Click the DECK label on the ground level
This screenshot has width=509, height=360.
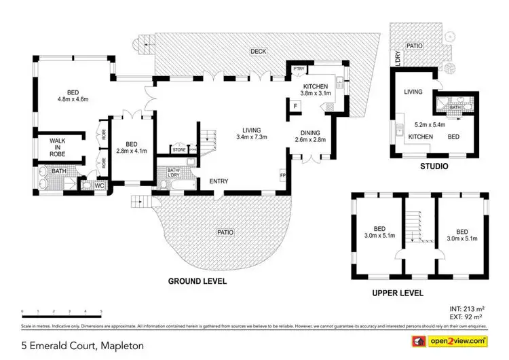pyautogui.click(x=257, y=51)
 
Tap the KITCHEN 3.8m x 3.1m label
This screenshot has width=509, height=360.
pyautogui.click(x=316, y=90)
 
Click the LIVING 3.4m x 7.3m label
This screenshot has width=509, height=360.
pyautogui.click(x=252, y=134)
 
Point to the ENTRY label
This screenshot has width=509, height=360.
pyautogui.click(x=219, y=181)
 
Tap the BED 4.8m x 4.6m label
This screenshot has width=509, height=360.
pyautogui.click(x=73, y=96)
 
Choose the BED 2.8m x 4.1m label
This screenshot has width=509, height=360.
pyautogui.click(x=132, y=147)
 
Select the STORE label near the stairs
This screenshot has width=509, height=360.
pyautogui.click(x=179, y=149)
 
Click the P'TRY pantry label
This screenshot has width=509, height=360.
pyautogui.click(x=298, y=69)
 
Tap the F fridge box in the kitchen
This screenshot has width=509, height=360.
pyautogui.click(x=295, y=105)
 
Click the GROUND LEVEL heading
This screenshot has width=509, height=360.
pyautogui.click(x=197, y=281)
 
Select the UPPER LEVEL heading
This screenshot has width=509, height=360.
pyautogui.click(x=398, y=293)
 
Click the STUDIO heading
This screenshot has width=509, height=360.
pyautogui.click(x=433, y=164)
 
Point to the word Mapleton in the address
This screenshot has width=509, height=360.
pyautogui.click(x=120, y=346)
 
